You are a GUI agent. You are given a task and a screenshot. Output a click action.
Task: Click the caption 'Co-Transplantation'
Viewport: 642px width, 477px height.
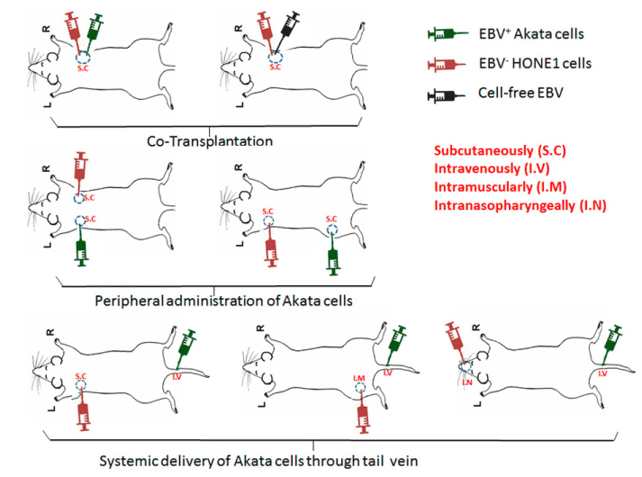pyautogui.click(x=210, y=141)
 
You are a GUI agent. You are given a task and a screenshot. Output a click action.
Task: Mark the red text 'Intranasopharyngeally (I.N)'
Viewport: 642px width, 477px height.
pyautogui.click(x=520, y=205)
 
